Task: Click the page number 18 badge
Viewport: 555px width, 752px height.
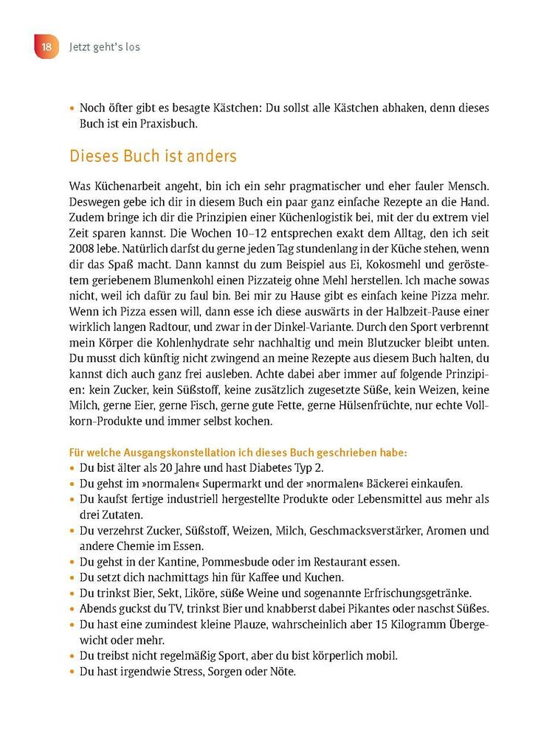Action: pos(45,47)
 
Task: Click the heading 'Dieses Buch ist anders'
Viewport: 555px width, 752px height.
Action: pos(153,156)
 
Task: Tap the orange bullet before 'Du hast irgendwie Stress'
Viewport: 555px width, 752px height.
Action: pos(72,672)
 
